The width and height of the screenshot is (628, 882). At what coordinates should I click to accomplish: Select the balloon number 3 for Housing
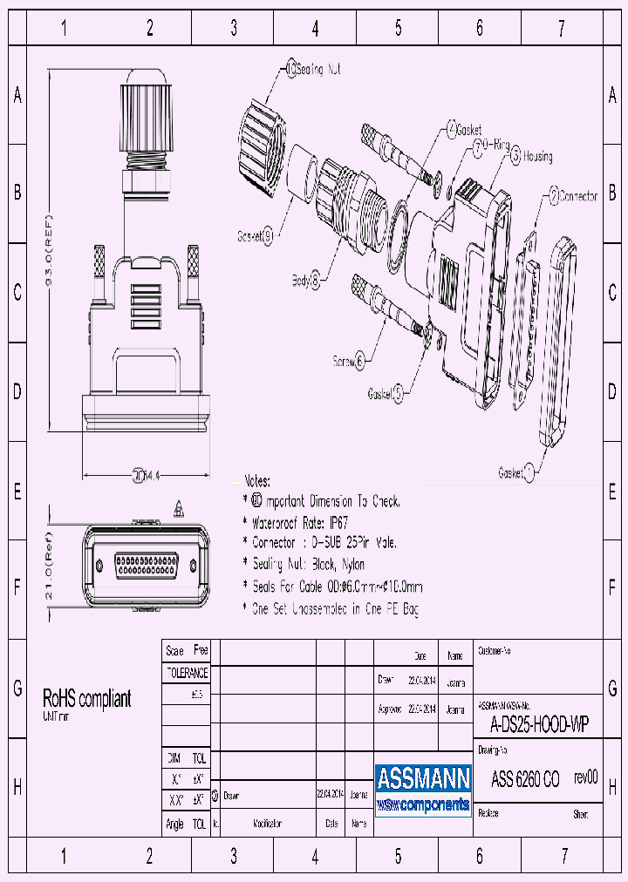515,157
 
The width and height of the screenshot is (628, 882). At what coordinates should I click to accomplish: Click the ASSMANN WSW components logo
423,789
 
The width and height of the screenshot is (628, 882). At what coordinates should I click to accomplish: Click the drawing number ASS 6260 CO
525,779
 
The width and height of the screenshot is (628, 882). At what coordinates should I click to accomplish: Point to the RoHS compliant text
87,698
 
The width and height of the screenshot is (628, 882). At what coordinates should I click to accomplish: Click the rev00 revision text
585,778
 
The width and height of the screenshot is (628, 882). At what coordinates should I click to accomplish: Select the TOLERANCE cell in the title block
187,673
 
